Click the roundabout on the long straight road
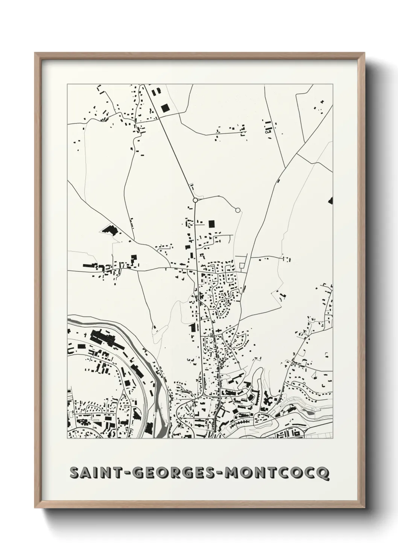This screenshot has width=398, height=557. pyautogui.click(x=195, y=200)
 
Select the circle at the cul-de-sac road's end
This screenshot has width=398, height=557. pyautogui.click(x=237, y=210)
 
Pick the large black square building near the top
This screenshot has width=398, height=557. pyautogui.click(x=165, y=108)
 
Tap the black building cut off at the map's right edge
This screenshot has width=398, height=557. pyautogui.click(x=331, y=201)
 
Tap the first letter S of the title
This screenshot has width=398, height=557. pyautogui.click(x=74, y=473)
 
